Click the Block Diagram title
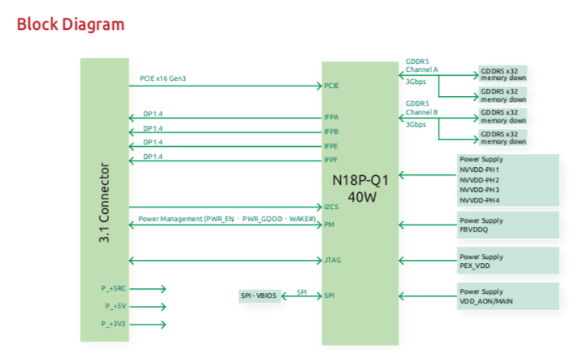click(x=71, y=24)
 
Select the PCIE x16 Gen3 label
click(x=169, y=78)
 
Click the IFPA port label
click(x=330, y=117)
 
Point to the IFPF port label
click(x=330, y=160)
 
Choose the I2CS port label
click(x=331, y=207)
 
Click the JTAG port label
click(x=332, y=260)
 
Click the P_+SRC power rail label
click(x=114, y=288)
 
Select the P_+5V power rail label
click(x=113, y=307)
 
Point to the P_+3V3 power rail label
click(x=114, y=324)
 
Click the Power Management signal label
click(x=213, y=219)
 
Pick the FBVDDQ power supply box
click(x=507, y=224)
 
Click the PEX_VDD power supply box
click(x=507, y=261)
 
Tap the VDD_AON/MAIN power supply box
click(x=507, y=296)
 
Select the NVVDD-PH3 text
click(x=480, y=190)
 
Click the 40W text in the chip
click(x=360, y=196)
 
